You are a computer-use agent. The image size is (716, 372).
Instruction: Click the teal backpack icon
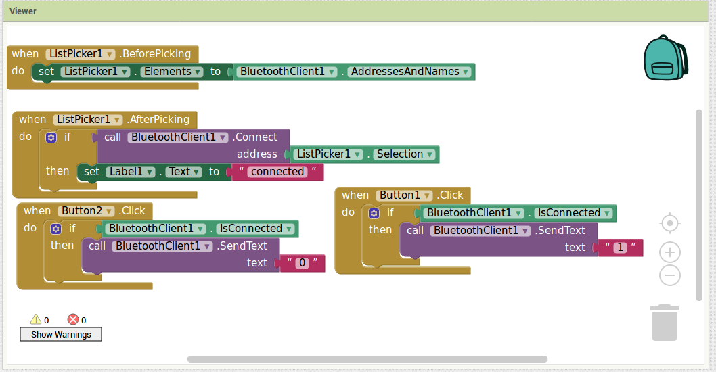(666, 58)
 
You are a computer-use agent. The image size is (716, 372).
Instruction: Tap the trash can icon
(665, 323)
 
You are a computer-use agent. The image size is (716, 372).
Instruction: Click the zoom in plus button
(670, 252)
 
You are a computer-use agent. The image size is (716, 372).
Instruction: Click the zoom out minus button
(670, 275)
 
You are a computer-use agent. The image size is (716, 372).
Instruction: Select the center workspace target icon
(670, 223)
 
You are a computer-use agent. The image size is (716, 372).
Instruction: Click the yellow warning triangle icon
(36, 319)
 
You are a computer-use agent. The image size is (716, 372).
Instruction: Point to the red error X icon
(73, 319)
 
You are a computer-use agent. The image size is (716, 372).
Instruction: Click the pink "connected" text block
(277, 172)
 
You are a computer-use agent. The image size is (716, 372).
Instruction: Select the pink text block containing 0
(303, 263)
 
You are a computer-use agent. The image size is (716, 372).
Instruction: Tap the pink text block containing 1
(620, 248)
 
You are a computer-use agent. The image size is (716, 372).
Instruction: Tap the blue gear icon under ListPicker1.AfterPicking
(51, 137)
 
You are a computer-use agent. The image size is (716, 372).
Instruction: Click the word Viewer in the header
(23, 11)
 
